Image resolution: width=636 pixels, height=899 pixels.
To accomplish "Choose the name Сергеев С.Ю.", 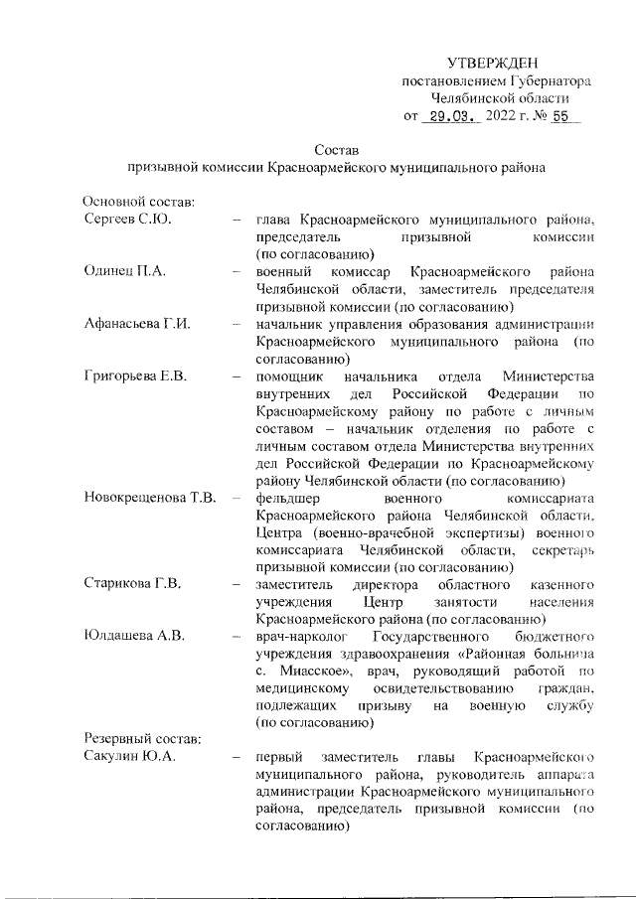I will click(x=128, y=220).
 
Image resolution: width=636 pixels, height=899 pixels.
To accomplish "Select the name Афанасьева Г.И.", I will click(x=137, y=324).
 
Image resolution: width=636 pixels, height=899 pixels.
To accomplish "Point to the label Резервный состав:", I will click(x=142, y=740).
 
